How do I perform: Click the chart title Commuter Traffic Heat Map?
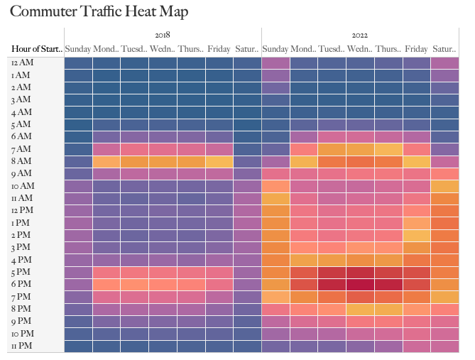tap(99, 12)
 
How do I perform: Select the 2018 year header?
tap(163, 34)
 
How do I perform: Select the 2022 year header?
tap(360, 34)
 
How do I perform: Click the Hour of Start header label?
tap(37, 49)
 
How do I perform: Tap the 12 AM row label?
tap(21, 62)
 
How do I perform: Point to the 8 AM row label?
tap(21, 161)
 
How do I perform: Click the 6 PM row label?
tap(21, 284)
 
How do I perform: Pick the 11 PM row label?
tap(21, 346)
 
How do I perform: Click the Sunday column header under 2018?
tap(78, 49)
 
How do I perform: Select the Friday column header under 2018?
tap(219, 49)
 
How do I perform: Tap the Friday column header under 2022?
tap(417, 49)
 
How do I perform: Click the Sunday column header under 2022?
tap(275, 49)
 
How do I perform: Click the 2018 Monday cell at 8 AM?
tap(107, 161)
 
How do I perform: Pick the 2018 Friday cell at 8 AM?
tap(219, 161)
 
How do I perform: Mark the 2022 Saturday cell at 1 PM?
tap(445, 223)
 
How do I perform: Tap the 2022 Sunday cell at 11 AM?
tap(275, 198)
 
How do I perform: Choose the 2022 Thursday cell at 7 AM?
tap(388, 149)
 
